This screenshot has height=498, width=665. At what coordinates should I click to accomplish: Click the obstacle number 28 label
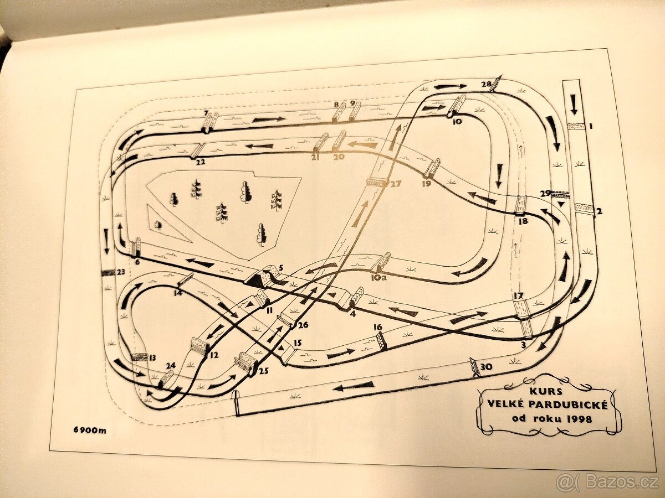[x=486, y=84]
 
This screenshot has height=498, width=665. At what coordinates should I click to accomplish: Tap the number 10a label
[x=378, y=277]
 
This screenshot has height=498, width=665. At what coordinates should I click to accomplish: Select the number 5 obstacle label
[x=281, y=267]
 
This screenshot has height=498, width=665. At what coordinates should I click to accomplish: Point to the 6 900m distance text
[x=90, y=430]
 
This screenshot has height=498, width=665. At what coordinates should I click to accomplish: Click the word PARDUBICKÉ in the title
[x=548, y=405]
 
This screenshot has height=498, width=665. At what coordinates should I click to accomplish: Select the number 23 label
[x=121, y=272]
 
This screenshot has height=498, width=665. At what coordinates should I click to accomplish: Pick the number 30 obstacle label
[x=486, y=367]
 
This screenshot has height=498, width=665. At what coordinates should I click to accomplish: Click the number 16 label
[x=378, y=328]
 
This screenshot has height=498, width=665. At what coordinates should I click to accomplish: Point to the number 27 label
[x=396, y=184]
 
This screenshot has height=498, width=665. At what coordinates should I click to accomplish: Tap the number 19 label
[x=426, y=183]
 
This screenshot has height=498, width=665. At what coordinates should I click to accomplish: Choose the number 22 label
[x=200, y=162]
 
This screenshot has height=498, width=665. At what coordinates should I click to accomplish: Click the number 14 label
[x=178, y=293]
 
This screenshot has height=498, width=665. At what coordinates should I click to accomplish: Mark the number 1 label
[x=591, y=126]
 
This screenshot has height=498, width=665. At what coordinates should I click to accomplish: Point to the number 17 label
[x=518, y=295]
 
